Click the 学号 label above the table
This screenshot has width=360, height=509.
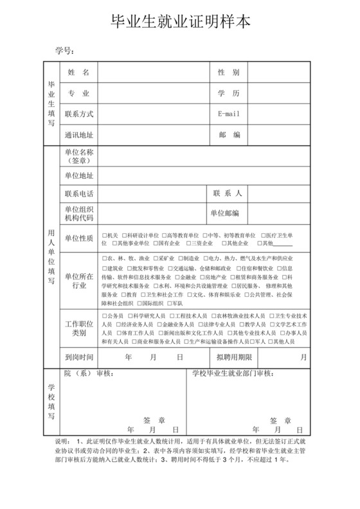[x=65, y=50]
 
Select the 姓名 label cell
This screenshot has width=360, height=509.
[x=79, y=72]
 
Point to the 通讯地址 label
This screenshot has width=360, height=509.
[x=79, y=135]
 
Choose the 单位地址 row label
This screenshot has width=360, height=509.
[x=79, y=175]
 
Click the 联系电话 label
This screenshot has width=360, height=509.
[x=79, y=193]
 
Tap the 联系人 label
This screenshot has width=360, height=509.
[x=228, y=193]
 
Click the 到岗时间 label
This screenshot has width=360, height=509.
[x=79, y=356]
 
